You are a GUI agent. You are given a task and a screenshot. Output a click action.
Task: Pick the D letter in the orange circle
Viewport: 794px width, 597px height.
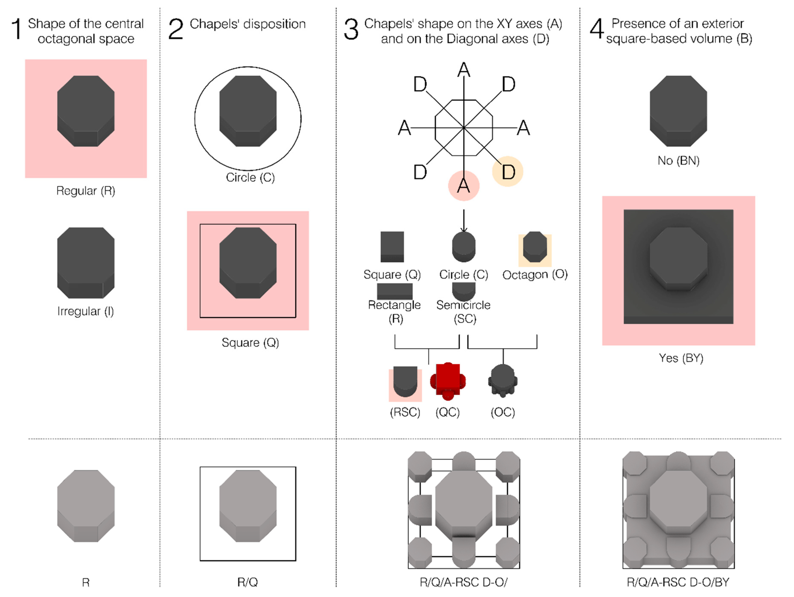coord(508,172)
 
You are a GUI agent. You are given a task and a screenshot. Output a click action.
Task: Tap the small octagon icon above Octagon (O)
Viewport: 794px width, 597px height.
coord(535,247)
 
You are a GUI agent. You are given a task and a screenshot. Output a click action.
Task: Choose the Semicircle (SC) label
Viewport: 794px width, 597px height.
coord(463,312)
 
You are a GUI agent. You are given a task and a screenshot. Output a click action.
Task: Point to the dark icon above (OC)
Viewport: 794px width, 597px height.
coord(502,381)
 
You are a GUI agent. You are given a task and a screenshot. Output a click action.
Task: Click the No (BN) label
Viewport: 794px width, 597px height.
coord(678,161)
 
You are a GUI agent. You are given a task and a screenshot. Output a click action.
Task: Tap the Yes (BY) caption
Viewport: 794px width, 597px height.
coord(681,358)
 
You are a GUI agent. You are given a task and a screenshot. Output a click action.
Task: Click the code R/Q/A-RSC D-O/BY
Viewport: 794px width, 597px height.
coord(678,582)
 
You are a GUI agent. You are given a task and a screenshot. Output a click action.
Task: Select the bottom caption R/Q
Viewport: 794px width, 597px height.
coord(247,582)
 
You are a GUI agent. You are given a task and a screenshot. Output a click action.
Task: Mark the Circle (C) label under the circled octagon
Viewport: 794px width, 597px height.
coord(250,177)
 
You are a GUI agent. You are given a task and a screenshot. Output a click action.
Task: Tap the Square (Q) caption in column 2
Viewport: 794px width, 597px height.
coord(250,343)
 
